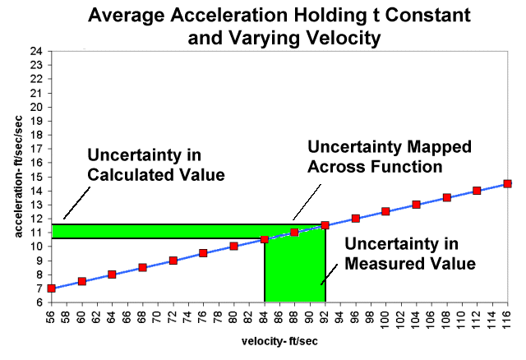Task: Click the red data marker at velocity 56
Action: [51, 288]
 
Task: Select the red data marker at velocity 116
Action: [507, 184]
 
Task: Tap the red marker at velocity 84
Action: [265, 240]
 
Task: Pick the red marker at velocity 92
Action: [325, 225]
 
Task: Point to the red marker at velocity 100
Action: [385, 211]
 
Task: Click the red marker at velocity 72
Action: [173, 261]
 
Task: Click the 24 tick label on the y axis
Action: [37, 52]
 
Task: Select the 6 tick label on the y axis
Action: [39, 302]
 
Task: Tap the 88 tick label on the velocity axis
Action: [295, 316]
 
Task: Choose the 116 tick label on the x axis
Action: [507, 319]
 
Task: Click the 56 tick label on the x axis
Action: [52, 316]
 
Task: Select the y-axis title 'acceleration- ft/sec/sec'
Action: [14, 177]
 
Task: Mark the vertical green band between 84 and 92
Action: [295, 271]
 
